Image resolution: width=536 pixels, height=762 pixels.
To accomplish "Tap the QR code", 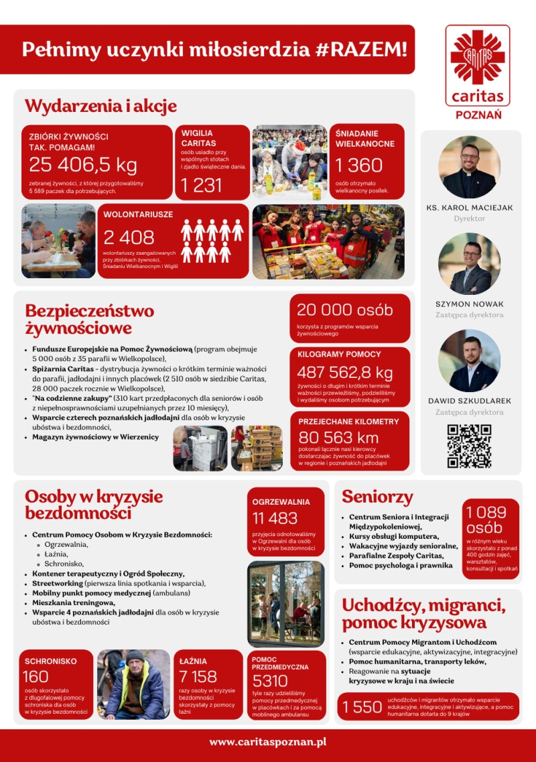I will click(469, 446).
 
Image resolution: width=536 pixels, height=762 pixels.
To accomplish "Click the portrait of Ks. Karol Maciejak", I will click(469, 167).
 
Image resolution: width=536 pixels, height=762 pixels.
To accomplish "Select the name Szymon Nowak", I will click(469, 304).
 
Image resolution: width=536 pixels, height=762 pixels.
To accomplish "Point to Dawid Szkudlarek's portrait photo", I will click(469, 361).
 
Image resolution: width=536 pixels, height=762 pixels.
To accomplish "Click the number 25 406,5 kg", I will click(82, 164).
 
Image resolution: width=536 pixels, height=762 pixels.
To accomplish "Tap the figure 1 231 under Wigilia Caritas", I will click(202, 186).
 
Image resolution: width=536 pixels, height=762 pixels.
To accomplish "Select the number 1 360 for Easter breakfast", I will click(358, 165).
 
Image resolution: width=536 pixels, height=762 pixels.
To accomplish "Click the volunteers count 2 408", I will click(129, 237).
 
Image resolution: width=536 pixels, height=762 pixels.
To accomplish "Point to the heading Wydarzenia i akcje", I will click(100, 106).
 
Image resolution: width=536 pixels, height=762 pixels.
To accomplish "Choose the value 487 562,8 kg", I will click(345, 373).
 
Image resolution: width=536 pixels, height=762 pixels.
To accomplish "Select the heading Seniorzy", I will click(377, 497).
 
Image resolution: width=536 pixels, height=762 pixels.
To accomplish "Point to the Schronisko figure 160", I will click(36, 677).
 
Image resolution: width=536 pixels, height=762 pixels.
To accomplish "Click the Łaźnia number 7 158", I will click(198, 677).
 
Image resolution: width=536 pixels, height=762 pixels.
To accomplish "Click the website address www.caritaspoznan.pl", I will click(267, 742).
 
